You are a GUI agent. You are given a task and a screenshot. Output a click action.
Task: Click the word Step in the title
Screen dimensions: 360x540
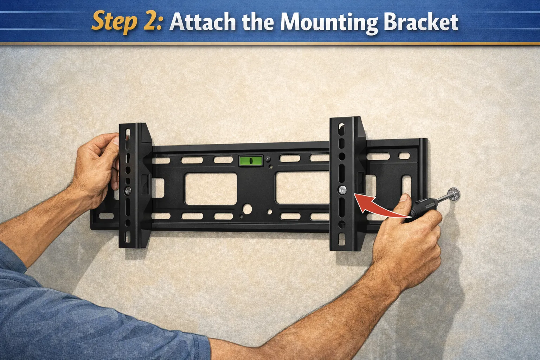[114, 22]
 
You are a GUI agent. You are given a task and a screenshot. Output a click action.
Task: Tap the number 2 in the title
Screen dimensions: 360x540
[152, 22]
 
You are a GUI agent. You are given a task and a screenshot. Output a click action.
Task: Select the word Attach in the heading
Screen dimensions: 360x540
[202, 22]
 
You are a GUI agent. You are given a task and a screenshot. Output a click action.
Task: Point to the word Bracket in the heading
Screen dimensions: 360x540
[421, 22]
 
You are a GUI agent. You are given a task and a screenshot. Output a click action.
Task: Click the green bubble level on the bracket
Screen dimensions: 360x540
[251, 161]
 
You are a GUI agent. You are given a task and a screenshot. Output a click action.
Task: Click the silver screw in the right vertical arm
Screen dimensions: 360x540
[342, 190]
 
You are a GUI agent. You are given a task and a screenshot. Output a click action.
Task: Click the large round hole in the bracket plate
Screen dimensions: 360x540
[248, 209]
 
